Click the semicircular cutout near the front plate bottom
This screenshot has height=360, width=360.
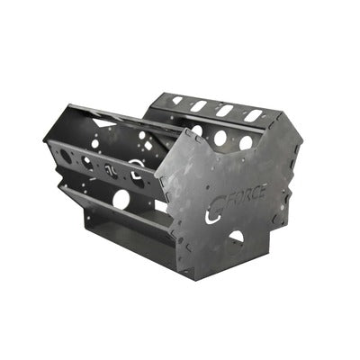coord(236,237)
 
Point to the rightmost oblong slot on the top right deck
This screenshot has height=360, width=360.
coord(255,114)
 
